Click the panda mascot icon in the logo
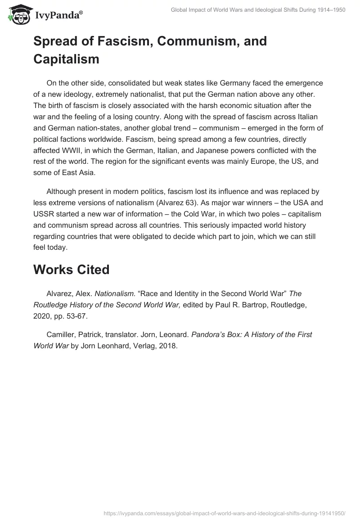[18, 14]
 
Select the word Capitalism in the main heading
[66, 59]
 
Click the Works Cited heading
[71, 270]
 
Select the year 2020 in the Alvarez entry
[42, 315]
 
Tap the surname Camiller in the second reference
[62, 335]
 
